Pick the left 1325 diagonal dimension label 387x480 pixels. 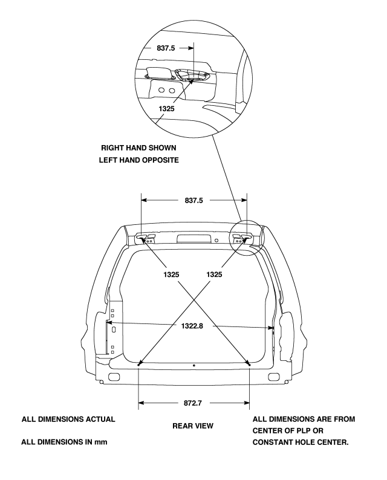pyautogui.click(x=171, y=274)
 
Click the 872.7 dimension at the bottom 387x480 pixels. pyautogui.click(x=193, y=401)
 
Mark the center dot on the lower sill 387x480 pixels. pyautogui.click(x=193, y=365)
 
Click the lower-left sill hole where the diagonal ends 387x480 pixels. pyautogui.click(x=139, y=364)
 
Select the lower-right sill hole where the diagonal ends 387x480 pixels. pyautogui.click(x=249, y=364)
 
